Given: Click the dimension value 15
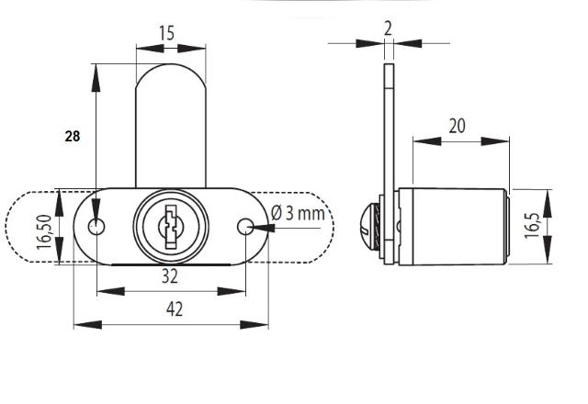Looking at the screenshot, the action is click(166, 33).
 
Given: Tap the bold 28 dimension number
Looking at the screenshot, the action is click(73, 136).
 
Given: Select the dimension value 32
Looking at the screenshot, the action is click(170, 276).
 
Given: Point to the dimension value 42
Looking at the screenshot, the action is click(175, 309).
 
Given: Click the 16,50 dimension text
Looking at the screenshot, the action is click(44, 231).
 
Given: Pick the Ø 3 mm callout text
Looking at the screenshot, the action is click(298, 213).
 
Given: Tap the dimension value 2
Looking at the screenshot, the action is click(388, 28).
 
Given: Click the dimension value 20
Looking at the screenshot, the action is click(458, 126).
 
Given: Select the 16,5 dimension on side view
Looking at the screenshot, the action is click(532, 225).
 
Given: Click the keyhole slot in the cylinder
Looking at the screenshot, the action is click(171, 227).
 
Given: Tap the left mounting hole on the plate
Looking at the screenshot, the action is click(96, 227).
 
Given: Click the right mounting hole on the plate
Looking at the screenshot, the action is click(245, 227).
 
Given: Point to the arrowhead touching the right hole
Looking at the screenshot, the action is click(263, 228).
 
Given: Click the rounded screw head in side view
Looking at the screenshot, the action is click(371, 227).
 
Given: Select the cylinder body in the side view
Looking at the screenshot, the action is click(453, 227).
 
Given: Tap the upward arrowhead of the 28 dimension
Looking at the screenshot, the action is click(96, 77).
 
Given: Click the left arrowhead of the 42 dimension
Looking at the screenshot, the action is click(88, 324).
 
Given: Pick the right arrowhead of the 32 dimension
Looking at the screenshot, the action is click(232, 291).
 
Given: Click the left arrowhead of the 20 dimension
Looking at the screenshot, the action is click(427, 141).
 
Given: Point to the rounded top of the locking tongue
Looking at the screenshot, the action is click(171, 64).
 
